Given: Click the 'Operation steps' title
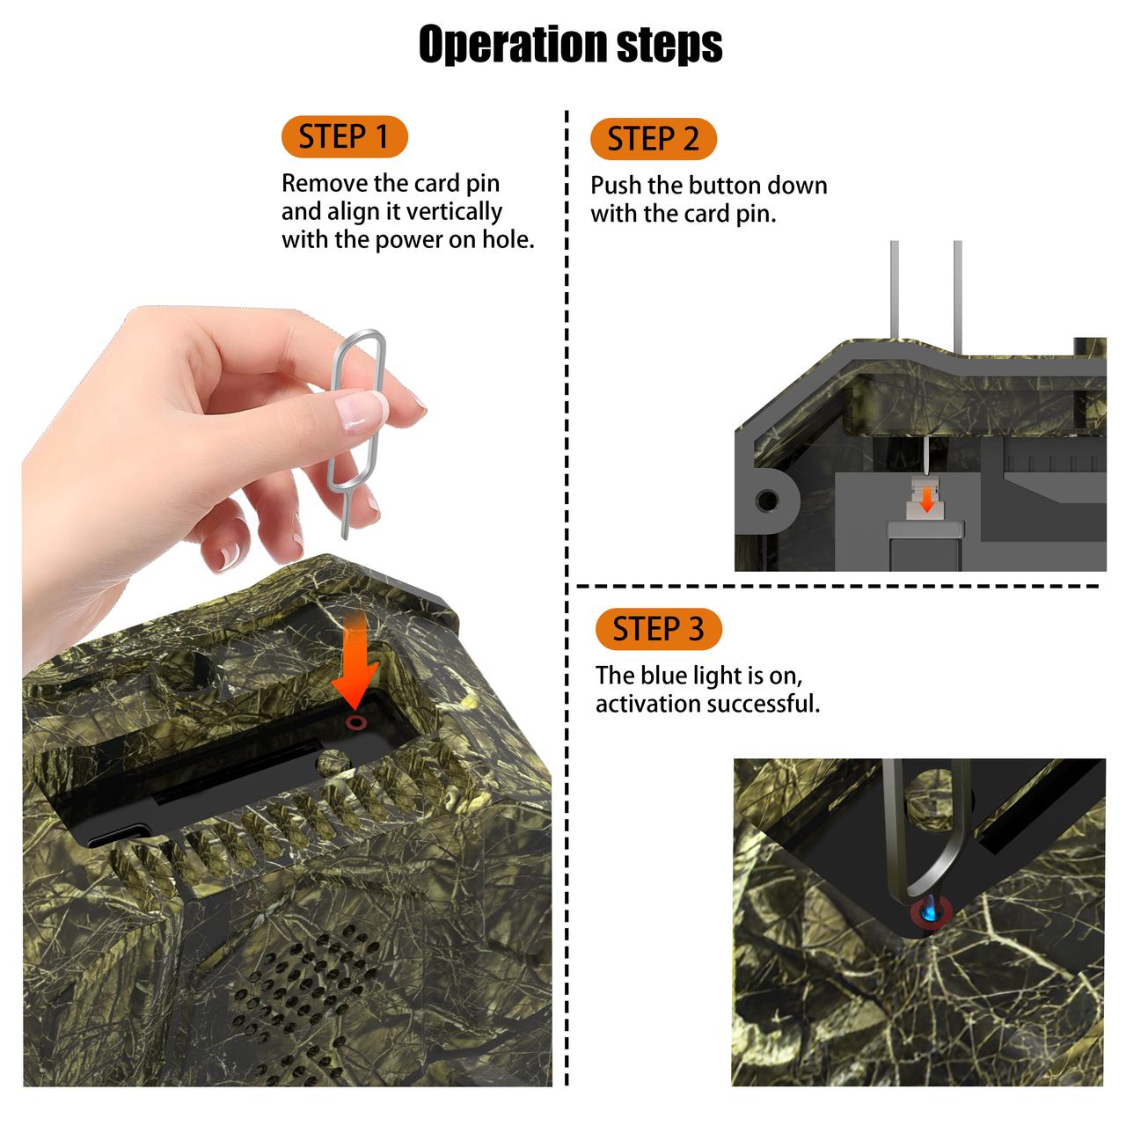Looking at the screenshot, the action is tap(570, 43).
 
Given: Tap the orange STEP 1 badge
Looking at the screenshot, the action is tap(344, 136).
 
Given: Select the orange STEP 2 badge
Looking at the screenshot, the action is tap(654, 139).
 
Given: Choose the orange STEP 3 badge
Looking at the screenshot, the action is tap(659, 629).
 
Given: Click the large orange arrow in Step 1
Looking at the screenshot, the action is tap(355, 661).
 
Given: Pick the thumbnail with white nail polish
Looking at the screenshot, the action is tap(362, 411).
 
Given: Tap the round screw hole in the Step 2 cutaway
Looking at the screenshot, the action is tap(766, 501).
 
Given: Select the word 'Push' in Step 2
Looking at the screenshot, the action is tap(616, 186).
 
